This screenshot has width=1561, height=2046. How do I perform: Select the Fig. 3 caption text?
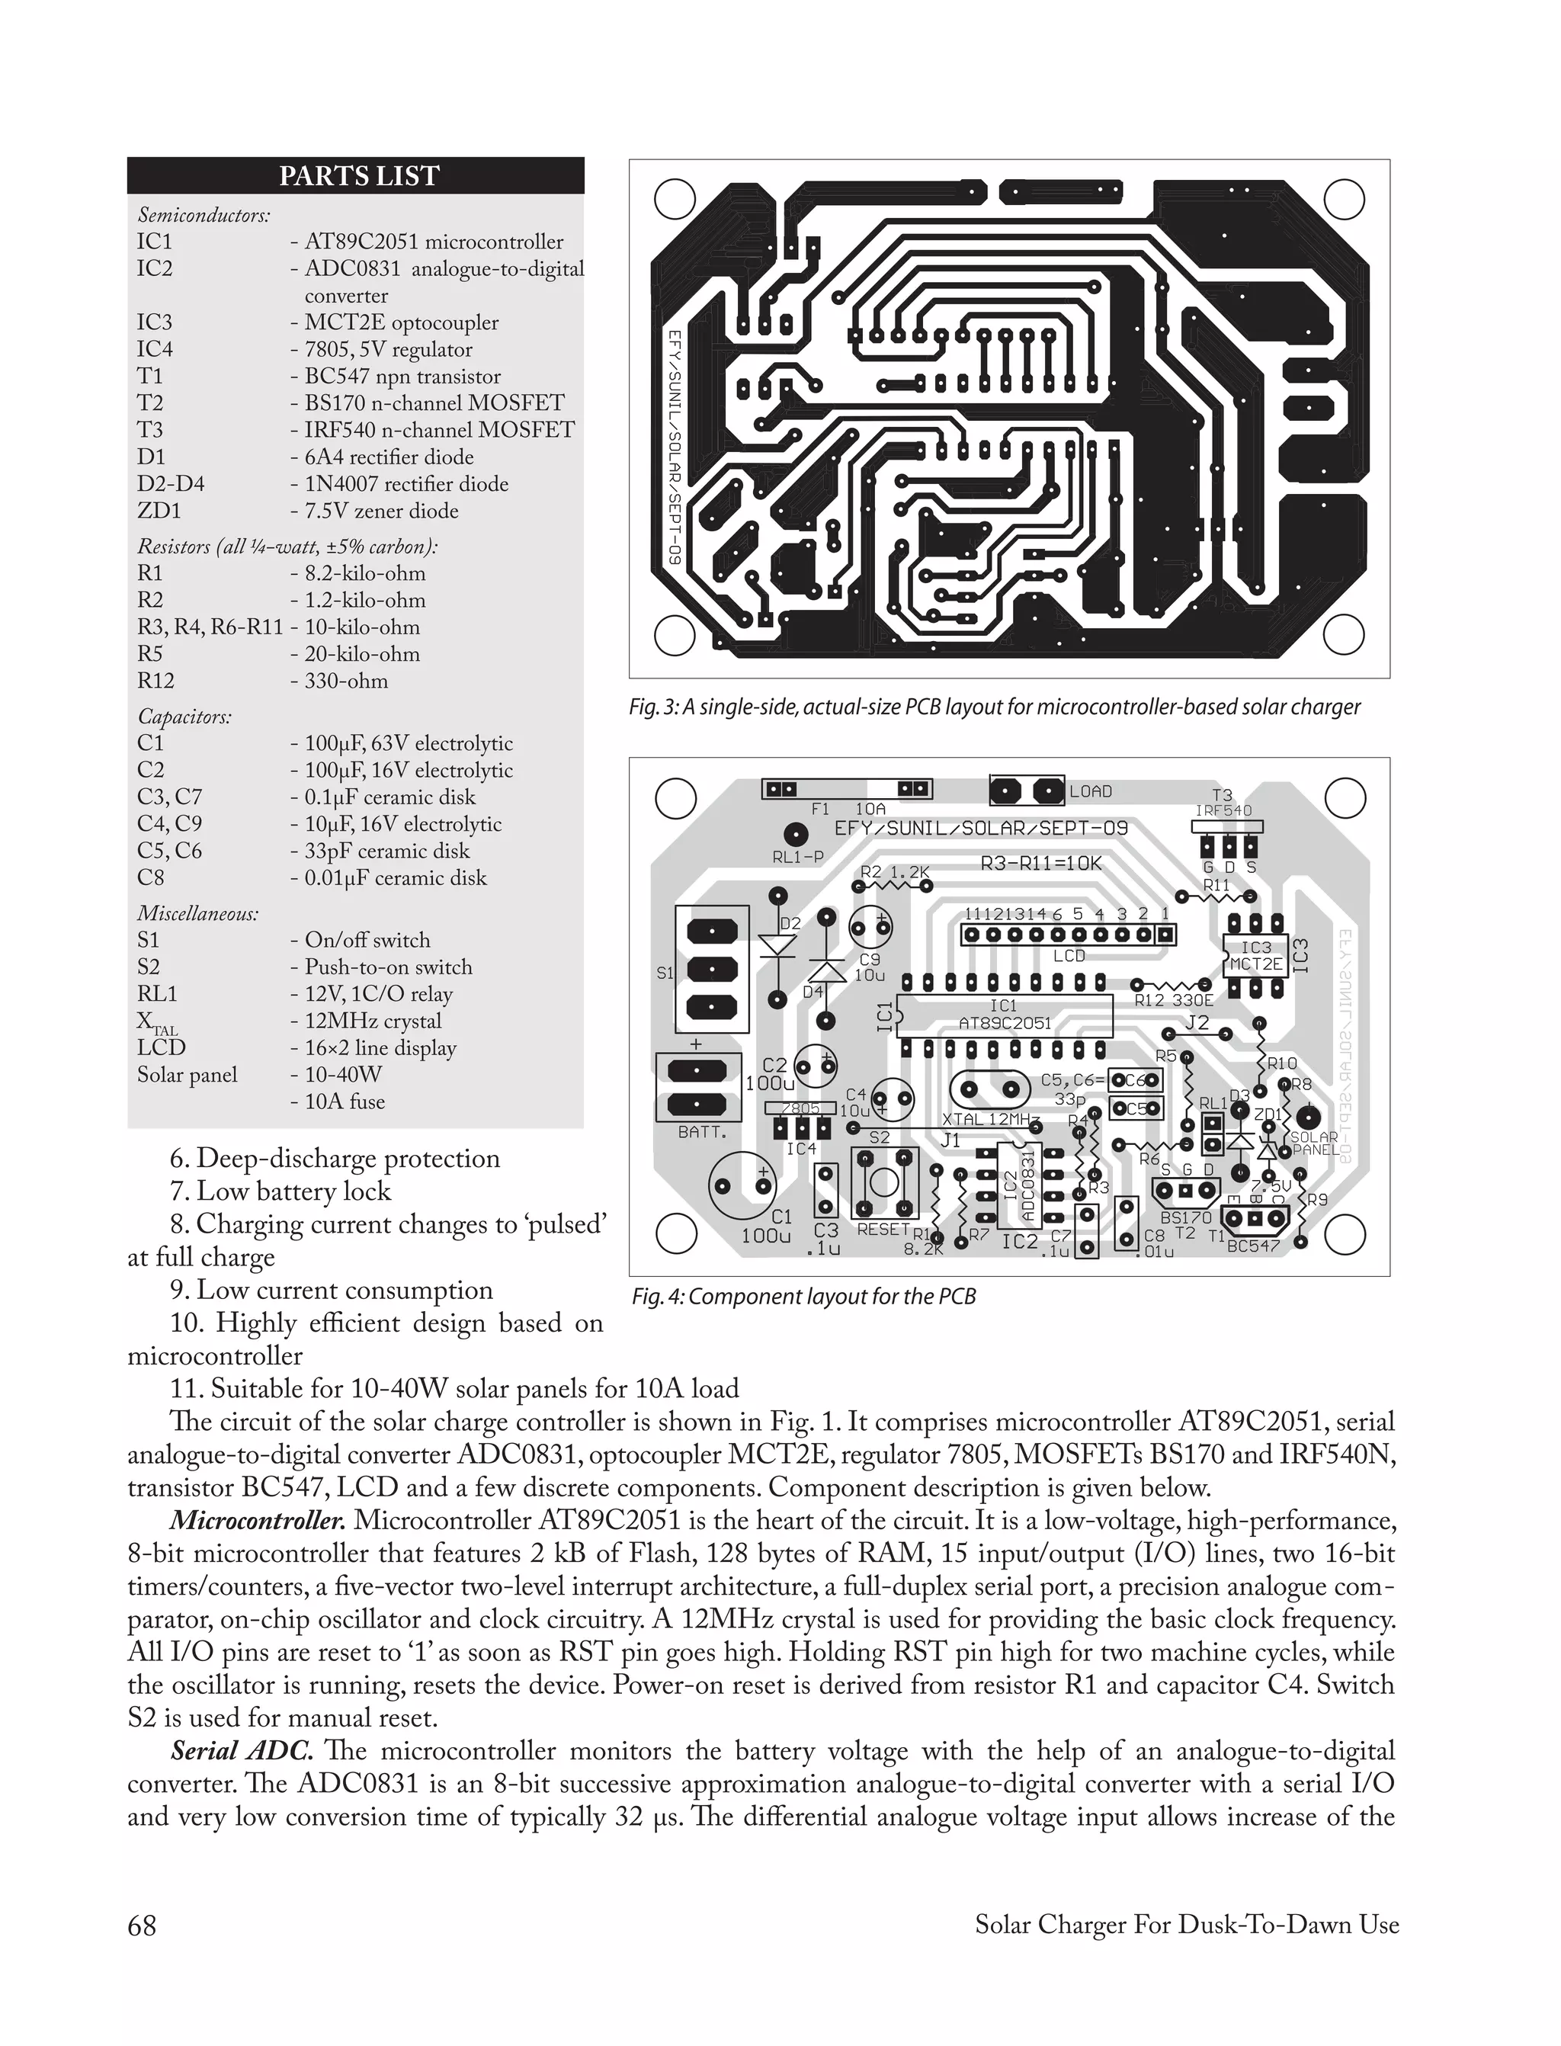click(994, 707)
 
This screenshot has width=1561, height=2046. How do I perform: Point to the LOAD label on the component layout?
click(1090, 791)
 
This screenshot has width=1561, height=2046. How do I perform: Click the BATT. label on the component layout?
click(703, 1134)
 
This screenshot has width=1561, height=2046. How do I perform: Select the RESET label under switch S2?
click(883, 1230)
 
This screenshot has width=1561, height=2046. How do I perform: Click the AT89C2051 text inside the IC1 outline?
click(1005, 1023)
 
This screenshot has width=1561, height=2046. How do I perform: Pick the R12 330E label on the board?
click(1174, 1001)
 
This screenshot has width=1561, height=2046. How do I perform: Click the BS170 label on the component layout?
click(1187, 1217)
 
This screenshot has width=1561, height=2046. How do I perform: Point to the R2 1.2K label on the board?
click(895, 873)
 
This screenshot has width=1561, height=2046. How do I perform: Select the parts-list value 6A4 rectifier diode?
click(389, 457)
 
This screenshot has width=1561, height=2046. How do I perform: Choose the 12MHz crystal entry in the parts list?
click(373, 1021)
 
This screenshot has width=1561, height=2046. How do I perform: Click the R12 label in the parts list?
click(156, 681)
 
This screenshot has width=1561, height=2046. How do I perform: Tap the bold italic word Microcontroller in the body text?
click(258, 1521)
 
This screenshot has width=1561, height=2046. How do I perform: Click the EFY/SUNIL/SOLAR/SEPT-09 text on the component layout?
click(980, 828)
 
